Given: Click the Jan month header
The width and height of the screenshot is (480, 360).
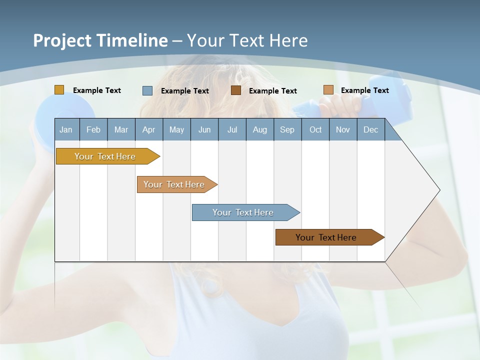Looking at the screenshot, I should pyautogui.click(x=66, y=129).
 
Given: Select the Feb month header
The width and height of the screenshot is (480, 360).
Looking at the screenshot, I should pyautogui.click(x=93, y=129).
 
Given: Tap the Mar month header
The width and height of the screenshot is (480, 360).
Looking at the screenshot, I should pyautogui.click(x=121, y=129).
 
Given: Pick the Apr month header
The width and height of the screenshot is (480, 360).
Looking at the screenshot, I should pyautogui.click(x=149, y=129).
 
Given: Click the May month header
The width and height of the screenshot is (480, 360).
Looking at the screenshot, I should pyautogui.click(x=176, y=129).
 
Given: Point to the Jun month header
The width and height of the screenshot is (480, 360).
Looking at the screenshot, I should pyautogui.click(x=204, y=129).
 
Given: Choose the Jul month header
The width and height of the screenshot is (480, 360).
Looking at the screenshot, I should pyautogui.click(x=232, y=129).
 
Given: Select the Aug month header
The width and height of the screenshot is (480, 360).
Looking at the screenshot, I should pyautogui.click(x=260, y=129).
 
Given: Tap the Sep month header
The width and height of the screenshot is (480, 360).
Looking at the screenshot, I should pyautogui.click(x=287, y=129).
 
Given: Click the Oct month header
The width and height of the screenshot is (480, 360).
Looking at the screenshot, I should pyautogui.click(x=315, y=129).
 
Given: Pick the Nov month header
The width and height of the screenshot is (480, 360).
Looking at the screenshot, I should pyautogui.click(x=343, y=129).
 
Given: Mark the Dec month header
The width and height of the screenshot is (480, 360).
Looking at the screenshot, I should pyautogui.click(x=370, y=129).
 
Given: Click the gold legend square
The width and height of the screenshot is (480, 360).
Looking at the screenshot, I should pyautogui.click(x=59, y=90).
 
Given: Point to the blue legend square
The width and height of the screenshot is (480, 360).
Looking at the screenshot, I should pyautogui.click(x=147, y=90).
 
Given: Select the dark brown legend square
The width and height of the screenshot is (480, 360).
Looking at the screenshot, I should pyautogui.click(x=236, y=90).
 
